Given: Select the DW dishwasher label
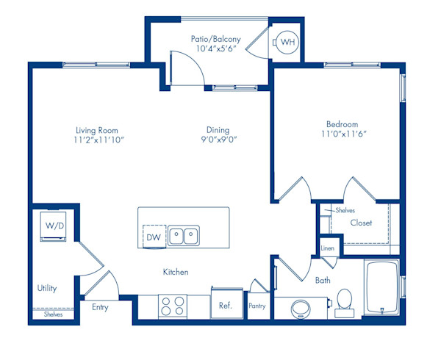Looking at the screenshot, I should pyautogui.click(x=153, y=237).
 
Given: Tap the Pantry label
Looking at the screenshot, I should pyautogui.click(x=257, y=306).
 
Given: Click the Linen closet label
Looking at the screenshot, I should pyautogui.click(x=329, y=248).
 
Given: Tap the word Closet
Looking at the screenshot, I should pyautogui.click(x=361, y=223).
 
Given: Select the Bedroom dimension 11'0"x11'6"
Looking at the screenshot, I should pyautogui.click(x=343, y=134).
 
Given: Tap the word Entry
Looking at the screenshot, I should pyautogui.click(x=100, y=307).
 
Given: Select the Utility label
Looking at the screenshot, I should pyautogui.click(x=47, y=289).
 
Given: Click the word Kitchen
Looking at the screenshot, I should pyautogui.click(x=176, y=272).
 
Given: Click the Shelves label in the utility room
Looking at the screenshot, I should pyautogui.click(x=52, y=314).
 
